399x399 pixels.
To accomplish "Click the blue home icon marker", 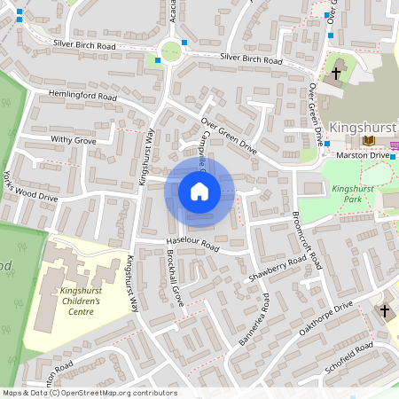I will tap(199, 192).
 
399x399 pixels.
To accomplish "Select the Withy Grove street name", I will tap(74, 140).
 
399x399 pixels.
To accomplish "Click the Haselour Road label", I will tap(192, 244).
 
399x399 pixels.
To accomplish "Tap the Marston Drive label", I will tap(364, 156).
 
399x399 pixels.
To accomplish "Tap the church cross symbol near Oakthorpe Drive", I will tap(385, 311).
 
